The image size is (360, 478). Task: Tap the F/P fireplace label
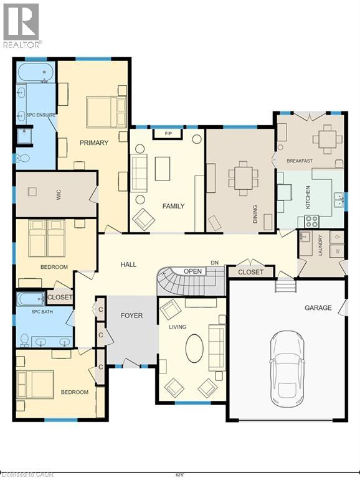[168, 134]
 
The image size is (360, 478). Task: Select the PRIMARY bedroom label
[94, 143]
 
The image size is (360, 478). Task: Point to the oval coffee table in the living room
[194, 349]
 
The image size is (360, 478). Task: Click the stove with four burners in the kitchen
[311, 221]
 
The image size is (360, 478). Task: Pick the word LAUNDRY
[320, 245]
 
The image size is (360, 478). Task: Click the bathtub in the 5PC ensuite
[36, 73]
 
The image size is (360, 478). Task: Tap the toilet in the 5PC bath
[24, 340]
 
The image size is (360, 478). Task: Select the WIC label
[59, 194]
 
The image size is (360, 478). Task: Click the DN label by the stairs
[214, 263]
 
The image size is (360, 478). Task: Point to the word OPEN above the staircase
[192, 271]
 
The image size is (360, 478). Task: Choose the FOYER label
[131, 316]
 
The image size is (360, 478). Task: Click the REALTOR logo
[21, 26]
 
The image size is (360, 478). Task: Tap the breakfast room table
[328, 139]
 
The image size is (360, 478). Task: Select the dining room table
[244, 178]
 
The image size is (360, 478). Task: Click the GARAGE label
[318, 307]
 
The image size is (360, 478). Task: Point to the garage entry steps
[286, 286]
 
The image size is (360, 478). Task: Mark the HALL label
[128, 265]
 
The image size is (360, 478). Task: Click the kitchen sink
[338, 200]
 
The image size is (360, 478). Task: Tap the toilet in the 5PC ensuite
[23, 158]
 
